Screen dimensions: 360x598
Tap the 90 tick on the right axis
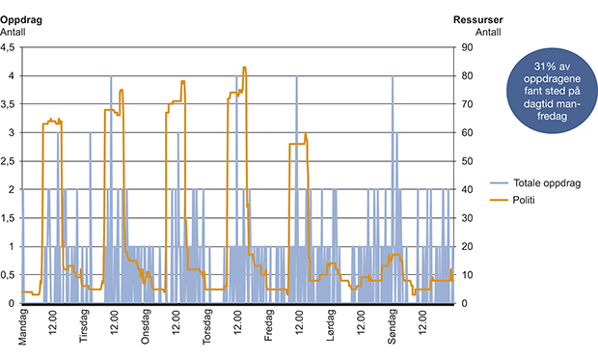(465, 47)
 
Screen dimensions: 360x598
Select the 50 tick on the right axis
(465, 161)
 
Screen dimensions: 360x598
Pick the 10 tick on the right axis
(465, 275)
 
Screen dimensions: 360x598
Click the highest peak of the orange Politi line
(244, 68)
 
